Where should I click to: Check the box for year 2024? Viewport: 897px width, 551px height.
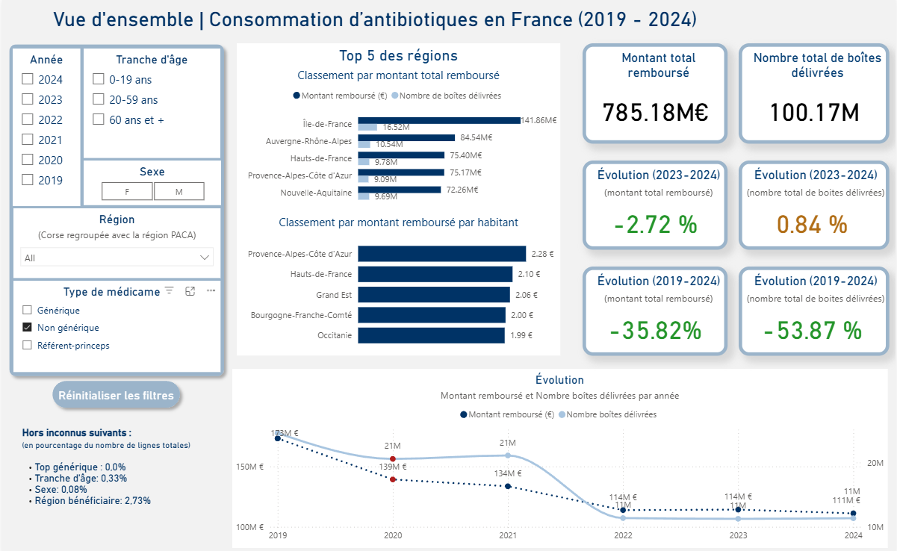[28, 79]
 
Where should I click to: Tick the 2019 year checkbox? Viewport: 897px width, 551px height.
[28, 180]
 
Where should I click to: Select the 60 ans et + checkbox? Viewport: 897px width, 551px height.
[98, 119]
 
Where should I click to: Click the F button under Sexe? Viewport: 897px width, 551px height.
[127, 192]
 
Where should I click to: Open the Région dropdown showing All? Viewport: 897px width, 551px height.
[117, 258]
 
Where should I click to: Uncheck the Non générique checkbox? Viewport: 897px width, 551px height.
[28, 327]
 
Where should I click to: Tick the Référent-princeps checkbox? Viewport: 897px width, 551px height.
[28, 345]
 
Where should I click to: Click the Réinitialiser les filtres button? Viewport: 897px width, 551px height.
[116, 396]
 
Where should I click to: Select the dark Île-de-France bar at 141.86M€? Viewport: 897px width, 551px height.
[439, 120]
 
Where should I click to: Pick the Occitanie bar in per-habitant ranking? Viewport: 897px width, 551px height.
[432, 335]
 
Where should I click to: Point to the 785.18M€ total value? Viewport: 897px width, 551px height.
[655, 113]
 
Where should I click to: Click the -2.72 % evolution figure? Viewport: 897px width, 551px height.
[655, 224]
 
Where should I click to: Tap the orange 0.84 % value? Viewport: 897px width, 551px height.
[812, 224]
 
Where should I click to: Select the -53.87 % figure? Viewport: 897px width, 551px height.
[812, 330]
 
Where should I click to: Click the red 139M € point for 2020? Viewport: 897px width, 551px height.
[393, 479]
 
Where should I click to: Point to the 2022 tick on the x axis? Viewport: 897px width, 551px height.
[623, 535]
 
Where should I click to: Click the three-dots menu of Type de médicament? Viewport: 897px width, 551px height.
[211, 291]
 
